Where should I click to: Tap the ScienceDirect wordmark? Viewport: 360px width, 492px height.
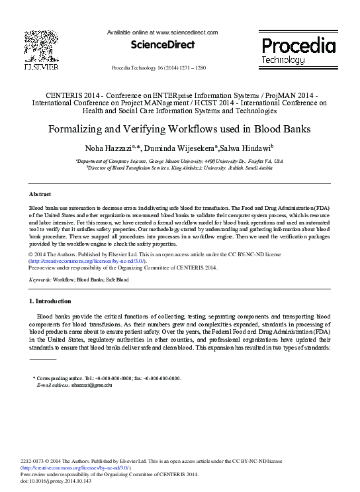pos(162,45)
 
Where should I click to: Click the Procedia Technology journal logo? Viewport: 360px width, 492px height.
pos(298,50)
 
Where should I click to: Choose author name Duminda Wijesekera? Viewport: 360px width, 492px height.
pos(189,148)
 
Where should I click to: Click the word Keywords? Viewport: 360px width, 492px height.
pos(41,280)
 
